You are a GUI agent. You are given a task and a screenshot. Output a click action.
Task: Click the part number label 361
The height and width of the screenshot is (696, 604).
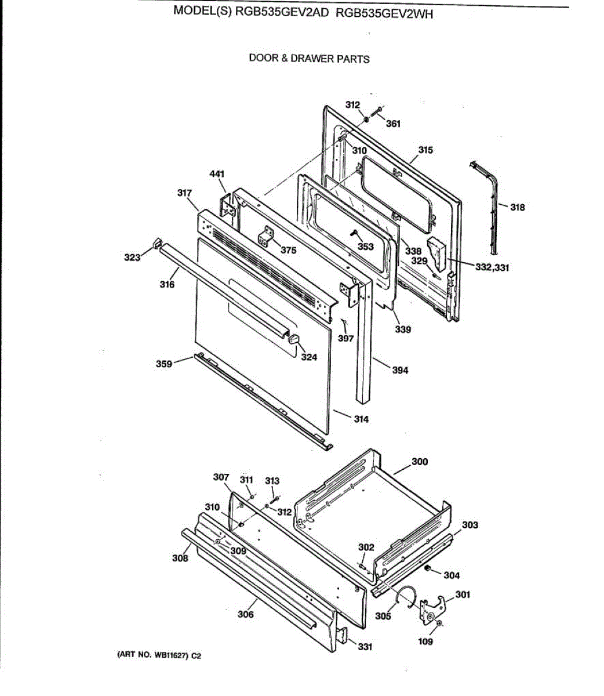point(393,124)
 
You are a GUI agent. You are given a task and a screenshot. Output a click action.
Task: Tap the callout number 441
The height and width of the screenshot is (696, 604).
point(217,173)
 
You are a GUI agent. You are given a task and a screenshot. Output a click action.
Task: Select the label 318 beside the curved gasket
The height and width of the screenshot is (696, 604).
point(518,207)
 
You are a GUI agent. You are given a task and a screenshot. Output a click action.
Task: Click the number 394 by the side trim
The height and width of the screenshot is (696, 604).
point(400,370)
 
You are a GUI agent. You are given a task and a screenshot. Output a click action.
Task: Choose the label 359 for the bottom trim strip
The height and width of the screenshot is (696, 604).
point(164,364)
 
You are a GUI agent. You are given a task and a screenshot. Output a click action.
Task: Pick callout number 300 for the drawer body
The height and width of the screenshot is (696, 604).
point(420,462)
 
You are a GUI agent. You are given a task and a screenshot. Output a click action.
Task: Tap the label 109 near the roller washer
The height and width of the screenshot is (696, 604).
point(425,641)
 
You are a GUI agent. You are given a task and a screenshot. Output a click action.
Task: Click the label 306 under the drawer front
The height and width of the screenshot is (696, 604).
point(246,614)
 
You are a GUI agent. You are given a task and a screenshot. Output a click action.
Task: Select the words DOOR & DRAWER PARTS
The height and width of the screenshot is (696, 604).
point(309,59)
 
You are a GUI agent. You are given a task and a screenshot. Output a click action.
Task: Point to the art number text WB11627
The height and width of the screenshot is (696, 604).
point(169,655)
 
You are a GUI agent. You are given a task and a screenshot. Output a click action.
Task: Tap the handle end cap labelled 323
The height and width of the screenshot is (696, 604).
point(156,243)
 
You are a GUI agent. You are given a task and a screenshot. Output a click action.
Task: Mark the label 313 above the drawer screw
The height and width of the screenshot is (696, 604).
point(272,480)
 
